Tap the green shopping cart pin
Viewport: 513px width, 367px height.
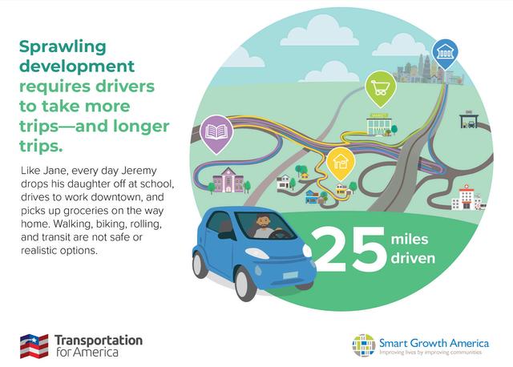(381, 88)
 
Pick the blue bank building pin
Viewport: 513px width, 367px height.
(445, 54)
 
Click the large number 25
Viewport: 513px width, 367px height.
(349, 249)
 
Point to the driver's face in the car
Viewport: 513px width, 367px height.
(263, 223)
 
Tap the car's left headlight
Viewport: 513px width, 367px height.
(256, 253)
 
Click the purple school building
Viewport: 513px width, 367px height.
(228, 180)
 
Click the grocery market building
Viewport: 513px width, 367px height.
(379, 124)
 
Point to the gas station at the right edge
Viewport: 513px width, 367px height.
(468, 119)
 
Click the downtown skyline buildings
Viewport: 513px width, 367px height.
(428, 70)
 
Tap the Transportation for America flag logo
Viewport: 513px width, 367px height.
(34, 345)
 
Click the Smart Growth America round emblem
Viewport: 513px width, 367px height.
(364, 345)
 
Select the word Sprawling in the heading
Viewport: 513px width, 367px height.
(63, 46)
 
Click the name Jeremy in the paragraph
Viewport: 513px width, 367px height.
(139, 171)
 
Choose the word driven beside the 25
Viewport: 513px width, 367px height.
(413, 258)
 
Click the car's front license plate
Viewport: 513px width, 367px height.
(290, 276)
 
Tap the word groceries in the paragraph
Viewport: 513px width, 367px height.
(93, 211)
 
